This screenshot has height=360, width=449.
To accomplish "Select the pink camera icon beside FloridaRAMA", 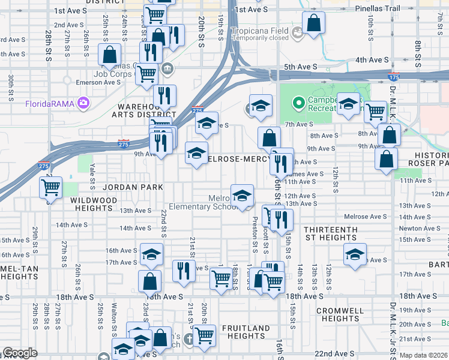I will click(x=82, y=103).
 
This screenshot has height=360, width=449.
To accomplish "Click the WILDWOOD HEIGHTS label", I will click(x=93, y=203).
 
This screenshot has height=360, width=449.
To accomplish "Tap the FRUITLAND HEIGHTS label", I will click(x=246, y=332).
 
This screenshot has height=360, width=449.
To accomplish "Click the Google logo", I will click(x=19, y=353).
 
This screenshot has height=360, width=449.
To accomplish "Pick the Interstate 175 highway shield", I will click(x=394, y=77).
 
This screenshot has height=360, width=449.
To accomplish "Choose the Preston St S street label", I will click(x=255, y=235).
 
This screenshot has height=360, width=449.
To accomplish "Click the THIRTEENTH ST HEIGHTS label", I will click(x=331, y=233).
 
